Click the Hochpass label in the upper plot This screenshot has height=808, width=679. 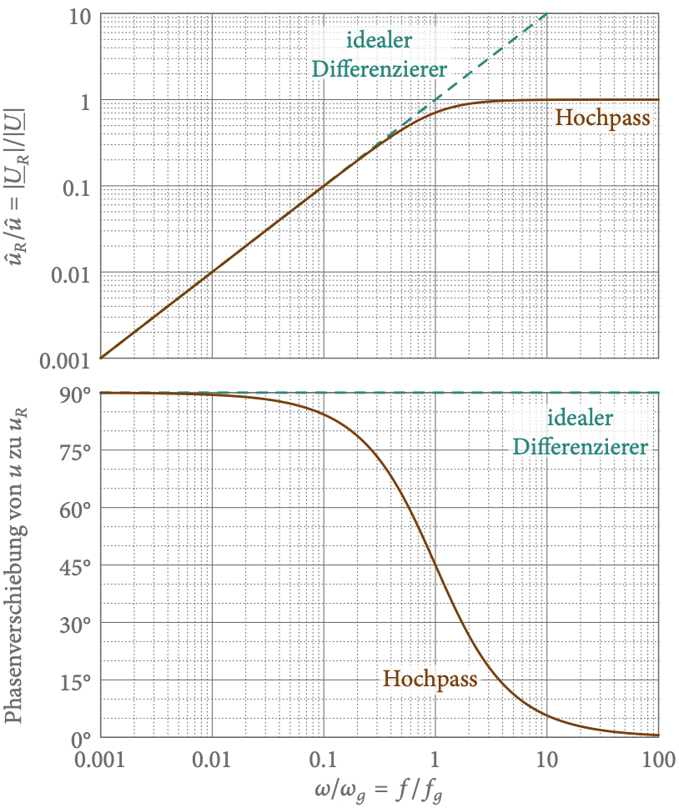601,118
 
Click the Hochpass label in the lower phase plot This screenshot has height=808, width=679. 430,679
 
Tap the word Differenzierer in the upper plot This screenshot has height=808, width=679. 379,68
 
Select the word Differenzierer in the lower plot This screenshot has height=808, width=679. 581,447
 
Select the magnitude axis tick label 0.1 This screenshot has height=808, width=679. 76,187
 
